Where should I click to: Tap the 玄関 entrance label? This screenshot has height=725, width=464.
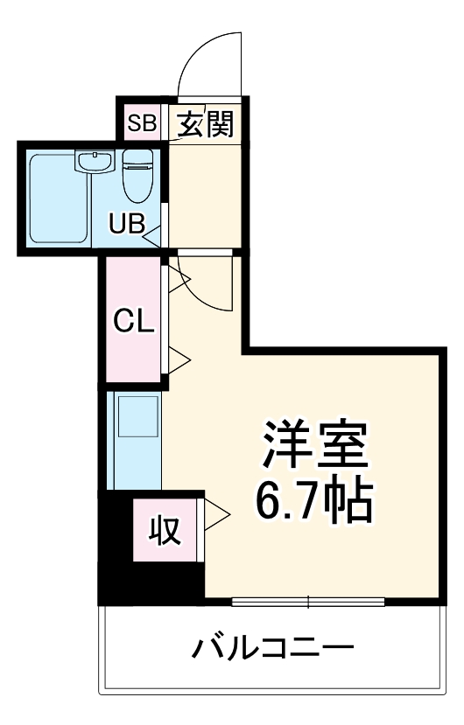pos(205,123)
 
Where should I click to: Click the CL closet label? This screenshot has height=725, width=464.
pos(134,321)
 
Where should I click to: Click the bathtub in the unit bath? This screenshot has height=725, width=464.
pos(58,199)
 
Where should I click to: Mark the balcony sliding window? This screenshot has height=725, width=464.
pos(309,601)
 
